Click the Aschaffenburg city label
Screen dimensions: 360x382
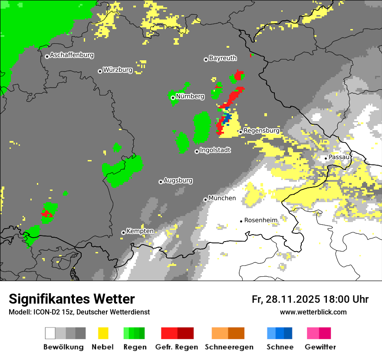pos(72,56)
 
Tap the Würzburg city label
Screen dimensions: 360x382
pos(118,70)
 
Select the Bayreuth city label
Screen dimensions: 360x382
pos(223,59)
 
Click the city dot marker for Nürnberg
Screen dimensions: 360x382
pos(173,98)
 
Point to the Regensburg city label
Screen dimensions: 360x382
pos(261,131)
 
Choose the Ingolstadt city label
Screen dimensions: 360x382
pos(215,151)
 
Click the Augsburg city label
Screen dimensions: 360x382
pos(178,180)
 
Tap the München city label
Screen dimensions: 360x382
pos(222,198)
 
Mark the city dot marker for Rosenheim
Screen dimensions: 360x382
pos(241,221)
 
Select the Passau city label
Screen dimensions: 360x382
pos(339,157)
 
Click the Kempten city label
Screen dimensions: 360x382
pos(140,231)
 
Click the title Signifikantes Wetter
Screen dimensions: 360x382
pos(72,299)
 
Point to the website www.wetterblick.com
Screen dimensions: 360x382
pos(313,312)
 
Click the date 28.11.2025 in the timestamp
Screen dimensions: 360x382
pos(293,299)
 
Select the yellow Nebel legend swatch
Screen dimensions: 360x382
pos(103,333)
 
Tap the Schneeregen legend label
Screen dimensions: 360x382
pos(229,347)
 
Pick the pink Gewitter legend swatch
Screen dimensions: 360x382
pos(319,333)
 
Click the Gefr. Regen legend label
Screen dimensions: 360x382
pos(177,347)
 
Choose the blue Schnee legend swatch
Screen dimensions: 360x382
pos(280,333)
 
